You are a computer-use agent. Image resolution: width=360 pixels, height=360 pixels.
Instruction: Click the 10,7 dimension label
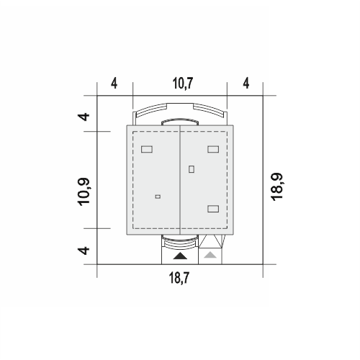coord(183,84)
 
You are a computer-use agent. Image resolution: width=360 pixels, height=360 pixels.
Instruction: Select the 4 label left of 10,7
coord(114,84)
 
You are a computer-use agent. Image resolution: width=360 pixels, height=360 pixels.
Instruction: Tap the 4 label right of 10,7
coord(246,84)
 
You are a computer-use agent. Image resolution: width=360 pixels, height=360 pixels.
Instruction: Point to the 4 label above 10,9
coord(84,117)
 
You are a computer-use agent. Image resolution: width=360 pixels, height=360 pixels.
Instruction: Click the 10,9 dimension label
coord(84,192)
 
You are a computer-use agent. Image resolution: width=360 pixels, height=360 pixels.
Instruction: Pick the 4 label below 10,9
coord(84,251)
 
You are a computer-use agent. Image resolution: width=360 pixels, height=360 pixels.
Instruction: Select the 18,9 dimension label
coord(277,186)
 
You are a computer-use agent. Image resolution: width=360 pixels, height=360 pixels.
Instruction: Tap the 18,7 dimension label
coord(179,278)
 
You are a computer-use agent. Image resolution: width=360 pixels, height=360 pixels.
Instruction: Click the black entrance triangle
coord(180,256)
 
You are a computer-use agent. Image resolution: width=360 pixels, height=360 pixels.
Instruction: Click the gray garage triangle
coord(210,255)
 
